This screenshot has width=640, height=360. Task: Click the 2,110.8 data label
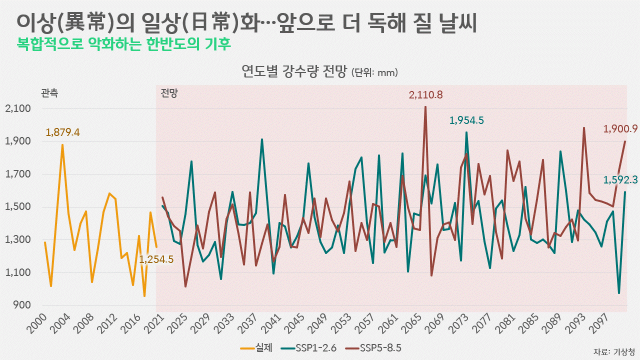tap(425, 95)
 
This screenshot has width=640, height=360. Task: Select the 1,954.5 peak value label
tap(466, 120)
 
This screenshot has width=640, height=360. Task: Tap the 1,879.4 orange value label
tap(62, 132)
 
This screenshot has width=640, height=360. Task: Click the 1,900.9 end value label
tap(620, 129)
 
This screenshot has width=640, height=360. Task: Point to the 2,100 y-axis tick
tap(18, 108)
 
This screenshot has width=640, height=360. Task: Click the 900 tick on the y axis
tap(22, 305)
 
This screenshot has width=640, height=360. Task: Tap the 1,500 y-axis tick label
tap(18, 207)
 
